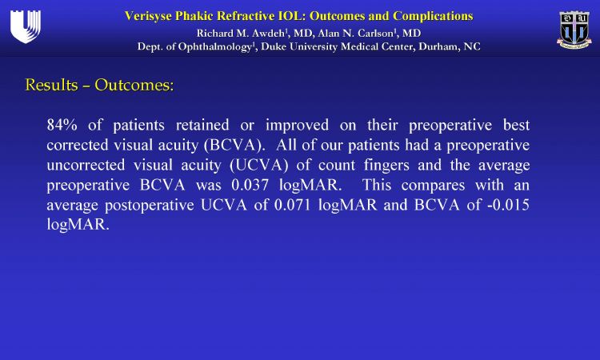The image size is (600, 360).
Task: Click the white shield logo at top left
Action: point(26,26)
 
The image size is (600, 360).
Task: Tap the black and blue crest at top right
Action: point(574,30)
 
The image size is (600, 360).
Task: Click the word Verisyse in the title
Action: point(148,17)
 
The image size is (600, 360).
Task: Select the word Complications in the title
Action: point(433,16)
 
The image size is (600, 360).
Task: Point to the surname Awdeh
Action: point(268,34)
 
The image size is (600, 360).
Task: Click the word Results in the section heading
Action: point(51,85)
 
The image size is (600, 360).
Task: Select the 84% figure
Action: point(62,125)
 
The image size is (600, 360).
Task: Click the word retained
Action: point(202,125)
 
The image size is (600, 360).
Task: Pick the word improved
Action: point(297,126)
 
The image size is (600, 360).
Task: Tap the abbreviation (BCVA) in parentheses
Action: point(234,146)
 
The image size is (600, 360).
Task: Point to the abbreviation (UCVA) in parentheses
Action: point(258,166)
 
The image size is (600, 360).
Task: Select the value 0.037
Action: point(250,185)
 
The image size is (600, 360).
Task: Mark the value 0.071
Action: point(293,205)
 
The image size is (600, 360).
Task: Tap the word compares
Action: point(433,186)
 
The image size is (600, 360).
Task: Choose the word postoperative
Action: point(150,206)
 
